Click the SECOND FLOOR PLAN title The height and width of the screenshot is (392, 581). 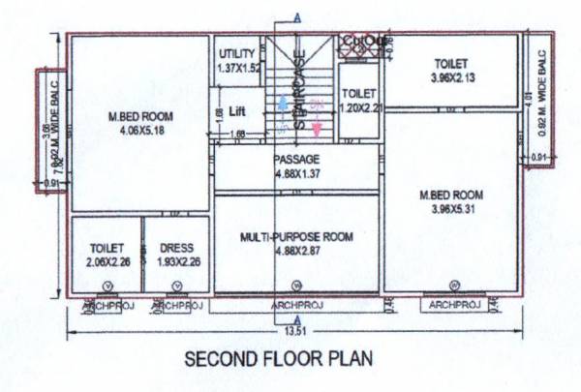click(x=277, y=358)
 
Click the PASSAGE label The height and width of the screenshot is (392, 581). click(x=296, y=159)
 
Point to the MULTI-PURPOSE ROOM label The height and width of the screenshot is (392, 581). click(x=296, y=236)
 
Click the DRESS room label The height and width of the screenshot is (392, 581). click(x=176, y=248)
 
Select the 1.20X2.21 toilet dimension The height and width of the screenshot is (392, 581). click(x=358, y=106)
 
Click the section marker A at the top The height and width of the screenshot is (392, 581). click(x=296, y=15)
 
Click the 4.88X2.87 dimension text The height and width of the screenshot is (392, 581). click(x=296, y=249)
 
